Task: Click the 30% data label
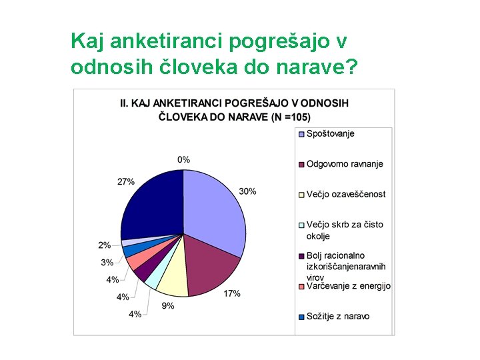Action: coord(247,191)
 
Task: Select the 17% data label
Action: coord(232,293)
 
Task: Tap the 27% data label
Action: coord(126,181)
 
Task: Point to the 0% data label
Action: coord(183,159)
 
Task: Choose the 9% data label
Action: coord(168,306)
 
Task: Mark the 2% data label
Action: coord(105,245)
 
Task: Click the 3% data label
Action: coord(107,262)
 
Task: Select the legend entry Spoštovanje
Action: coord(330,133)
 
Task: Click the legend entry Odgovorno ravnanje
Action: coord(344,164)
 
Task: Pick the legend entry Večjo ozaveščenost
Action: coord(345,194)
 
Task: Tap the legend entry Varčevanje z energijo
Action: coord(348,286)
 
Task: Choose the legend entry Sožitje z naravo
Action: coord(337,316)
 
